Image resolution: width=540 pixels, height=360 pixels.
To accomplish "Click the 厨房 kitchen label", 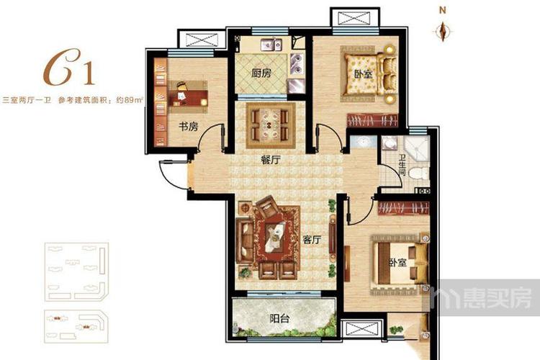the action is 261,73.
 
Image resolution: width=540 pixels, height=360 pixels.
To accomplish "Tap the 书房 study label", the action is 189,127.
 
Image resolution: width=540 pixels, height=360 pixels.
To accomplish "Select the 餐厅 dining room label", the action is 271,160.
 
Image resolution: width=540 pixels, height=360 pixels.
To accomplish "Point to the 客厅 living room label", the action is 312,240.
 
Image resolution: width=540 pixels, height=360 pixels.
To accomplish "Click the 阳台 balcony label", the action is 279,319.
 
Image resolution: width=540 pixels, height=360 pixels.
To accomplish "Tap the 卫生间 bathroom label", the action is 402,165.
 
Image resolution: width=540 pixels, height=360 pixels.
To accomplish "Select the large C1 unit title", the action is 69,68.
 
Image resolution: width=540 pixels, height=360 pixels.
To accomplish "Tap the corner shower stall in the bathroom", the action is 417,149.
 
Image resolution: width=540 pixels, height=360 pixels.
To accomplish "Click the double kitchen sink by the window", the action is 271,45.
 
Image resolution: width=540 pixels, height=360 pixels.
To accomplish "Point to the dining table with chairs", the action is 271,125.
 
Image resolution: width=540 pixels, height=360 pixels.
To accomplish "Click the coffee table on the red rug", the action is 276,237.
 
